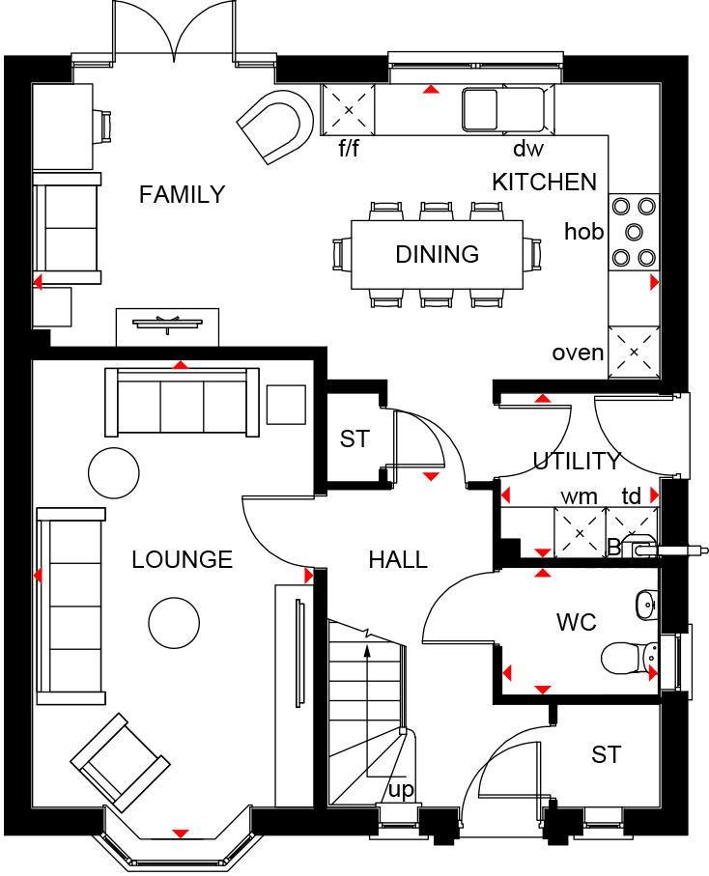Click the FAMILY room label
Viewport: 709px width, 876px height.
182,194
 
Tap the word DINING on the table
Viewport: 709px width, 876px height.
437,254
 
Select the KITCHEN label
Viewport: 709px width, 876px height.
544,183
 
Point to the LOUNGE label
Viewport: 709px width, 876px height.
183,559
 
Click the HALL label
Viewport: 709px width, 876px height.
398,559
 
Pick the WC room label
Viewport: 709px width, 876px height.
577,622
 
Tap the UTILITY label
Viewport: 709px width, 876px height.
577,461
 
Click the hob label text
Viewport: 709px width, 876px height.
583,231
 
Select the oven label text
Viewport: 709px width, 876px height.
578,353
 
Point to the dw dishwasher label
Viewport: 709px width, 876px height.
528,148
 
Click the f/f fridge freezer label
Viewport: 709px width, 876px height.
349,148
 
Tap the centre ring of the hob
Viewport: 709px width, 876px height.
634,232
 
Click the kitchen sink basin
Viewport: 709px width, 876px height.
479,109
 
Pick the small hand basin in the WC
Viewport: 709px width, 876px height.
646,605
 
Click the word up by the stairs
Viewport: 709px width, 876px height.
401,790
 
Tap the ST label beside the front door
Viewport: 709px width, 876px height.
607,754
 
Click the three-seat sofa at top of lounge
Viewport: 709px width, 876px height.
183,402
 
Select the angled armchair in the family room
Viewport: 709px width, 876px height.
275,127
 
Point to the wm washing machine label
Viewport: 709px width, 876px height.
579,496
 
